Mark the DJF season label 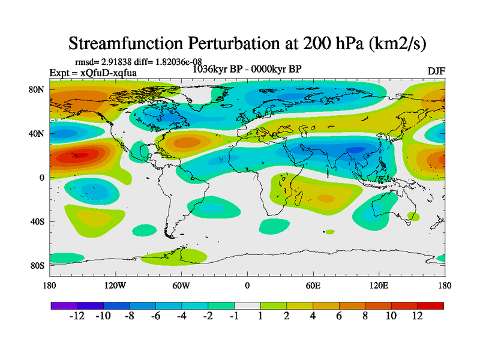pyautogui.click(x=436, y=71)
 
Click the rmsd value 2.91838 pyautogui.click(x=123, y=62)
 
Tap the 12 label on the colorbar pyautogui.click(x=418, y=316)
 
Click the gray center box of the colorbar pyautogui.click(x=247, y=305)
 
